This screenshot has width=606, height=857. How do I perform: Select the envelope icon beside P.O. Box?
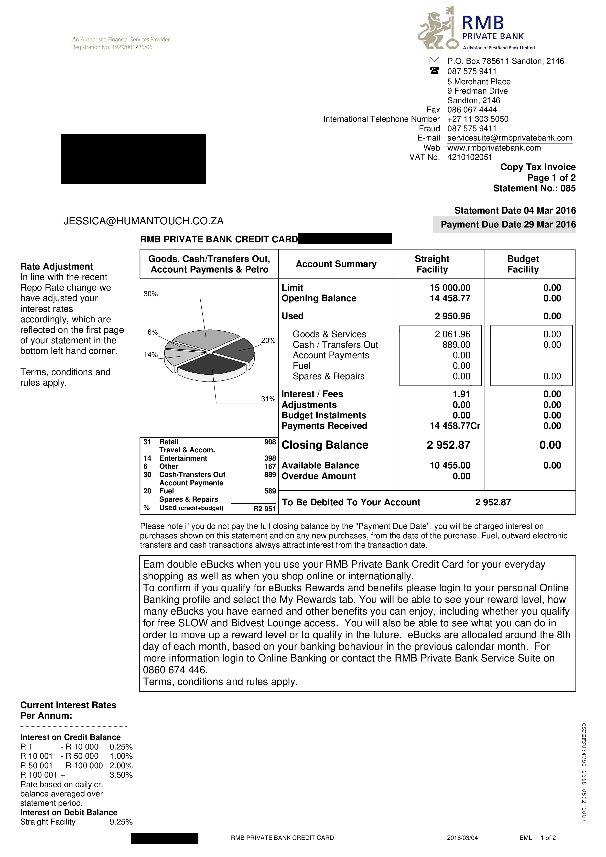[x=434, y=60]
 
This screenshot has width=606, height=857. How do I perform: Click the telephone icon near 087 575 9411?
[x=434, y=71]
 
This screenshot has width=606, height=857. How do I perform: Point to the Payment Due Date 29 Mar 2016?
[x=508, y=224]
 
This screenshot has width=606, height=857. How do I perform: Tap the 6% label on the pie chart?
[x=152, y=332]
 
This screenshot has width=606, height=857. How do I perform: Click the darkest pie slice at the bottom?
[x=211, y=364]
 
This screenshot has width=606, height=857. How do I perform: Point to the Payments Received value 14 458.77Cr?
[x=455, y=426]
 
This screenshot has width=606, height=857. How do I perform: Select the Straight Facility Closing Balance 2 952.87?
[x=448, y=445]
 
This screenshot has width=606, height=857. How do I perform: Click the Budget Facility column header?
[x=522, y=264]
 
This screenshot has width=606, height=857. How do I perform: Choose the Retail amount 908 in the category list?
[x=270, y=442]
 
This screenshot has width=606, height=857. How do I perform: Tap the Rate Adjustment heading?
[x=56, y=267]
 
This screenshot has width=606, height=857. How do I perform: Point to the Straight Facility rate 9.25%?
[x=121, y=822]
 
